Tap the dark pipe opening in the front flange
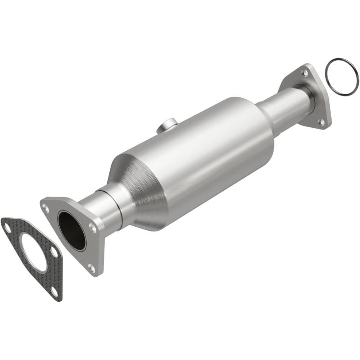(72, 230)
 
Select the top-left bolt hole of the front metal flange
(46, 207)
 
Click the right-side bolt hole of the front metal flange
(92, 228)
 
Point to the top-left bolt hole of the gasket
(8, 228)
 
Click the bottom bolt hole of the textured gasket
(54, 291)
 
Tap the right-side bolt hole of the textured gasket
(54, 253)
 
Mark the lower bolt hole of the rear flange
(321, 121)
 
